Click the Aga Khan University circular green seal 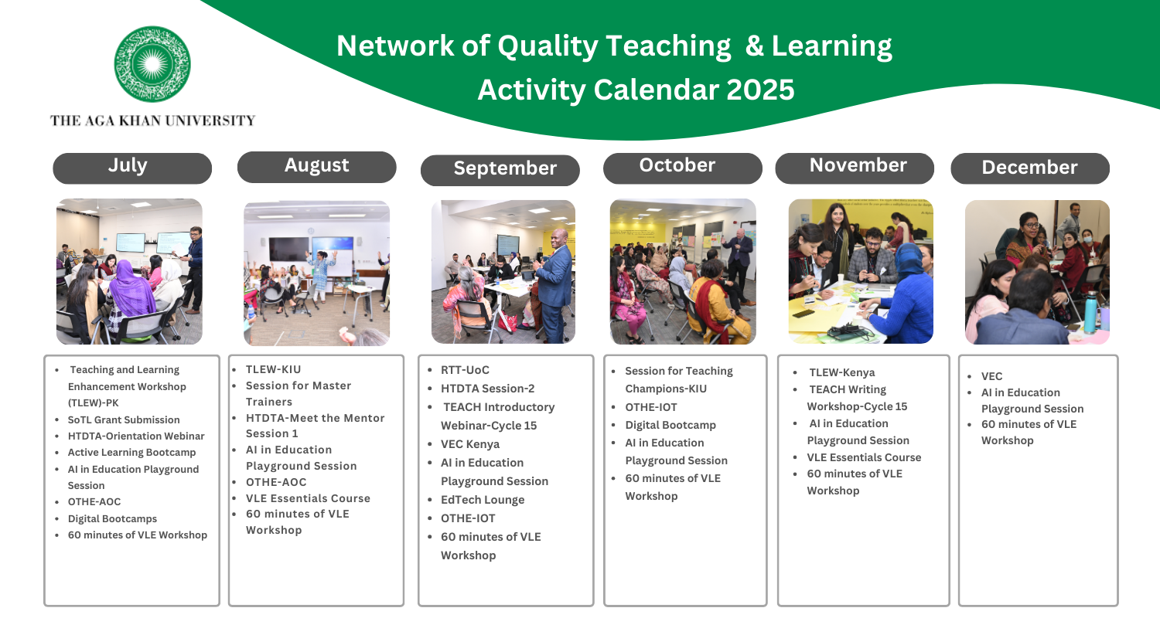(152, 64)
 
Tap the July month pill (132, 168)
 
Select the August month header (317, 167)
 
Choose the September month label (500, 170)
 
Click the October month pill (683, 168)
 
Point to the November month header (855, 168)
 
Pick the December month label (1030, 168)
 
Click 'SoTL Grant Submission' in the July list (124, 420)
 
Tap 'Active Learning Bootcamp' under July (132, 453)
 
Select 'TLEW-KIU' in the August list (274, 369)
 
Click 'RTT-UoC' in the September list (465, 370)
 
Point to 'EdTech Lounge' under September (483, 500)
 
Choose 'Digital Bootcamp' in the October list (670, 425)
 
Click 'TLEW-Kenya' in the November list (842, 372)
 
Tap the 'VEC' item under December (991, 376)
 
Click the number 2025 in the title (760, 90)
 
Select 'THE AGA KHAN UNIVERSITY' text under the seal (153, 121)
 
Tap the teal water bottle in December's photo (1090, 312)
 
